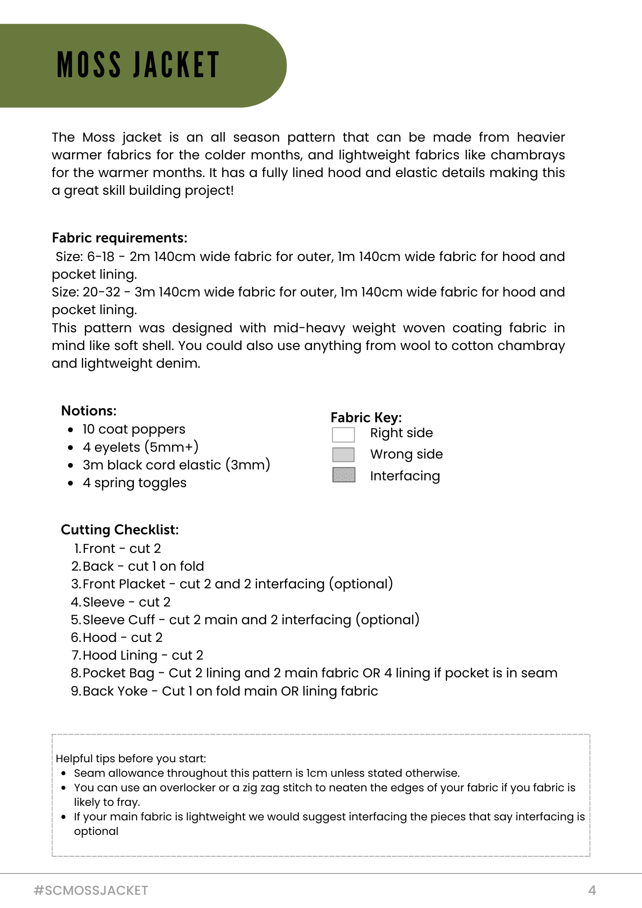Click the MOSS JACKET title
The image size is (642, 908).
[x=138, y=65]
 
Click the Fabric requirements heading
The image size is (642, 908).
[x=119, y=238]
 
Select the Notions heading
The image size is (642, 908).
[x=89, y=411]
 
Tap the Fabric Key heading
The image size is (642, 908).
[x=366, y=418]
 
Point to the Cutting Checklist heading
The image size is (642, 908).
[x=119, y=530]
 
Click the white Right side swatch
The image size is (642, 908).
[x=343, y=434]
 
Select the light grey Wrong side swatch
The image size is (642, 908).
[x=343, y=454]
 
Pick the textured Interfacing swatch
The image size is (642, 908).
[x=344, y=475]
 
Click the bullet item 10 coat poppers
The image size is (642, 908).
[x=134, y=429]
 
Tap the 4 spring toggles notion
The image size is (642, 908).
[x=134, y=483]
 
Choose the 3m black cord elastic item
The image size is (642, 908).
[x=176, y=465]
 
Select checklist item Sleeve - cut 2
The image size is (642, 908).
[x=126, y=602]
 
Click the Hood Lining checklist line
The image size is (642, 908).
[x=143, y=656]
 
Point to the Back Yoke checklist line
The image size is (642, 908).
[x=230, y=691]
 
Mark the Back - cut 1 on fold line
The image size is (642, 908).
[x=143, y=567]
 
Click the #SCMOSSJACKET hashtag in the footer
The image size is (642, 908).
[x=91, y=890]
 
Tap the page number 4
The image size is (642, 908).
[x=592, y=890]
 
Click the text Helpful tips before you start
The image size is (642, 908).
[x=131, y=759]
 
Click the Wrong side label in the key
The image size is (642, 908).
[x=406, y=454]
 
